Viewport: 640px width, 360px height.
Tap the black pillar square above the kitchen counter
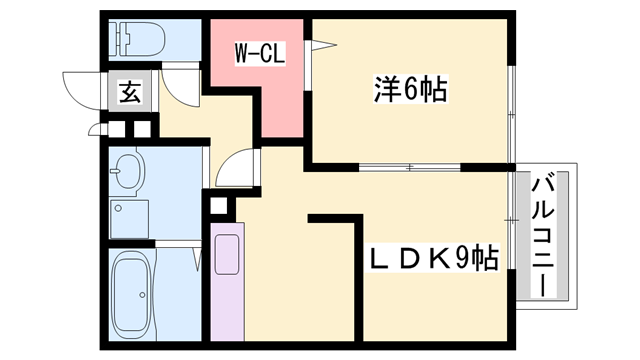click(x=220, y=209)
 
